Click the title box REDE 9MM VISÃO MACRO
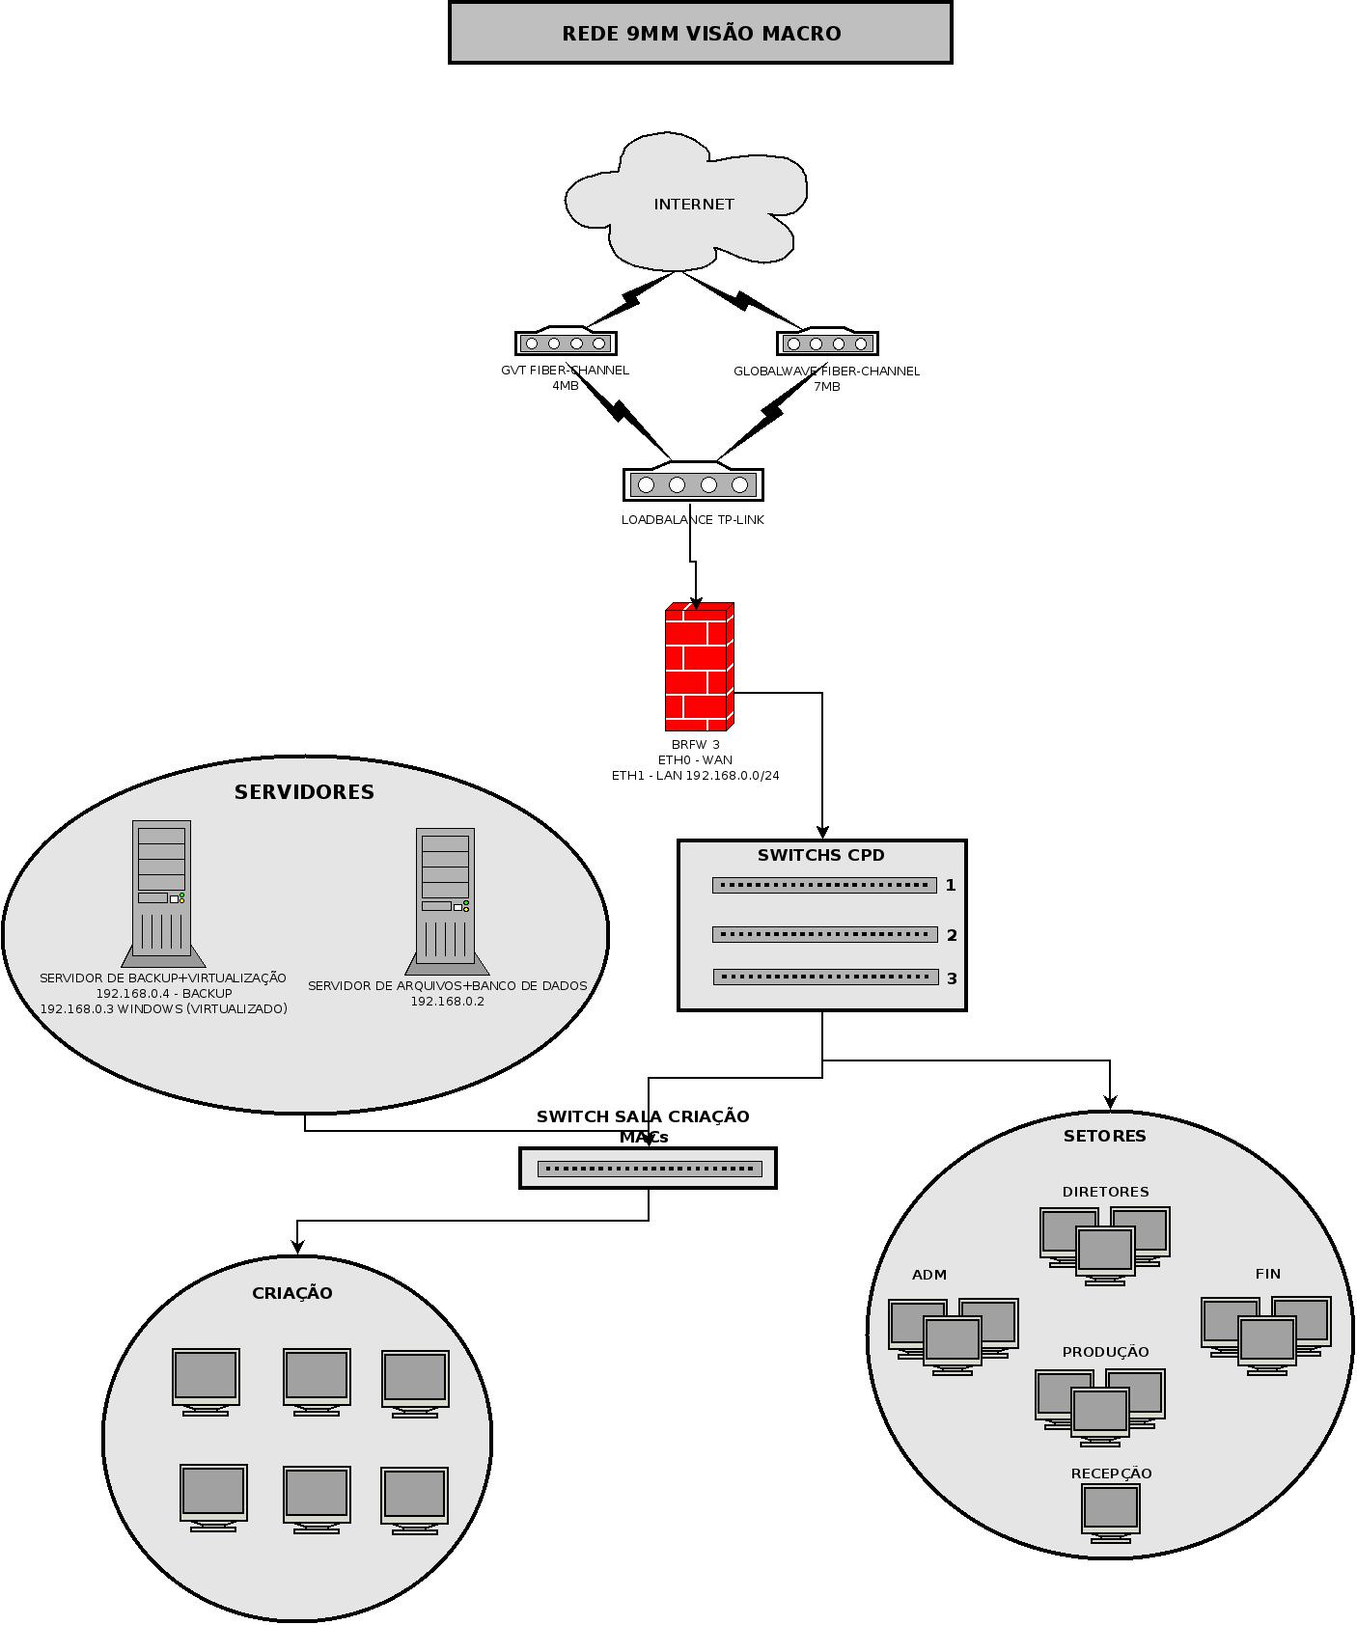(x=701, y=33)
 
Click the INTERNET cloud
(x=686, y=202)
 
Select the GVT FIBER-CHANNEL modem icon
(x=566, y=342)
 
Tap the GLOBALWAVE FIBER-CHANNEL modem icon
(x=827, y=342)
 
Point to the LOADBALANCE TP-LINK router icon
(x=693, y=482)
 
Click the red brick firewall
(x=700, y=667)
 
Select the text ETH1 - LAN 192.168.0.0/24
(x=696, y=775)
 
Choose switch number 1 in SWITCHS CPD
(x=824, y=885)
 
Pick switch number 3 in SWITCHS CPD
(x=825, y=978)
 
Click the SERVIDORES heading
(x=304, y=792)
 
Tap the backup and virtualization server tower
(x=162, y=894)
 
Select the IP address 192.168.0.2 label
(x=448, y=1002)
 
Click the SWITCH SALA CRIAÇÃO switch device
(x=649, y=1169)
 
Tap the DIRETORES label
(x=1106, y=1192)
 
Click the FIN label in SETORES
(x=1268, y=1274)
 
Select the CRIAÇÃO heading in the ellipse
(x=292, y=1293)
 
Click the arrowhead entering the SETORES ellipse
(x=1110, y=1102)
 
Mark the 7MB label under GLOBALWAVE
(x=827, y=387)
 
